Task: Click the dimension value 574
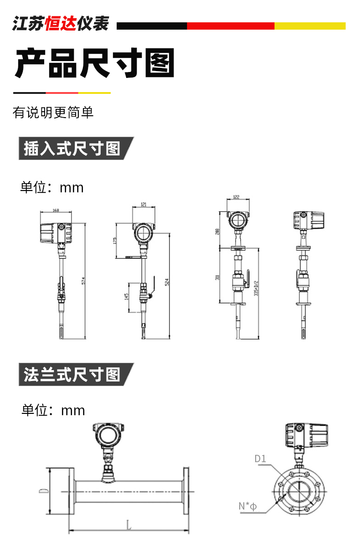tap(83, 282)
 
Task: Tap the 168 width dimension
tap(56, 211)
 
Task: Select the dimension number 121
tap(144, 205)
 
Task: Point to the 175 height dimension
tap(115, 240)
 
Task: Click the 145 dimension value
tap(126, 297)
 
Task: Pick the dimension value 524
tap(167, 282)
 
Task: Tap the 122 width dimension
tap(236, 197)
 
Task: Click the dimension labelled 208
tap(218, 231)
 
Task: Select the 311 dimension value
tap(218, 276)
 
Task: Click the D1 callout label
tap(260, 459)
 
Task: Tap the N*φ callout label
tap(248, 506)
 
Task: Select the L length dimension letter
tap(129, 526)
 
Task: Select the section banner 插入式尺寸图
tap(72, 149)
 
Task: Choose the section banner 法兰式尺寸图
tap(72, 375)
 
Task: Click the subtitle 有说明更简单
tap(53, 112)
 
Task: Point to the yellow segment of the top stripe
tap(310, 26)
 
